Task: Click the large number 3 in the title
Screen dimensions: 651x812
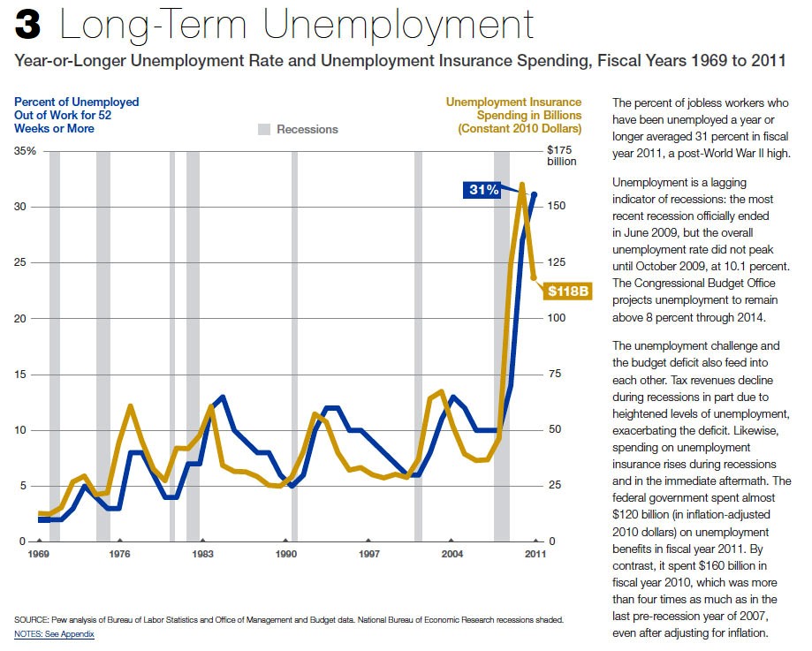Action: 27,26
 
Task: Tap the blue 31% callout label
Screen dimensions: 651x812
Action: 483,190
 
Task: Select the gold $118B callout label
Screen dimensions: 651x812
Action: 568,290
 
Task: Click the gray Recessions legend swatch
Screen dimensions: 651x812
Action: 264,129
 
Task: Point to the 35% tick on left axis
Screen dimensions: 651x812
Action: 25,151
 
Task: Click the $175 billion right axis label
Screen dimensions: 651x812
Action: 561,155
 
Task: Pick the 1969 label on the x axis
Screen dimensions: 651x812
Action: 38,554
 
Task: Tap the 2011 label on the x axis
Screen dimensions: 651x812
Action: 535,554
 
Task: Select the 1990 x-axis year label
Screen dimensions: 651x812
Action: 285,554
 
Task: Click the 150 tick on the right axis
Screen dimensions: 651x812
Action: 556,206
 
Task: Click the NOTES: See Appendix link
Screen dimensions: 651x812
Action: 54,634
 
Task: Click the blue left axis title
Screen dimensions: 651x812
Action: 76,115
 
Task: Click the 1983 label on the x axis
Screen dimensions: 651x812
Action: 202,554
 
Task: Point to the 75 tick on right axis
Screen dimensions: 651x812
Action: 553,375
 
